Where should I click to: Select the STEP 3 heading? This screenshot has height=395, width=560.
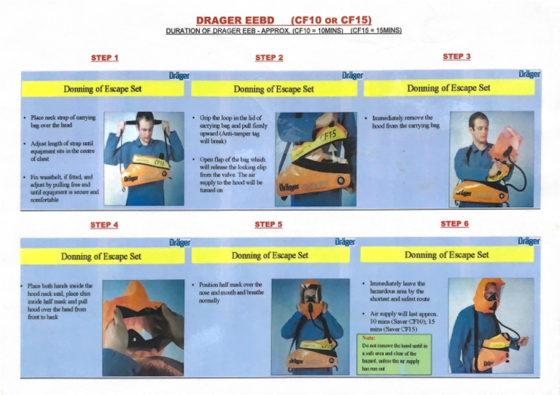pos(456,56)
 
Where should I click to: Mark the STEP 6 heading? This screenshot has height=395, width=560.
pos(455,224)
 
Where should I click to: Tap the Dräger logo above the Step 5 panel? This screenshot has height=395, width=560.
pos(344,241)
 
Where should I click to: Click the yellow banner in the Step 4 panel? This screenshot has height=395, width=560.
pos(102,256)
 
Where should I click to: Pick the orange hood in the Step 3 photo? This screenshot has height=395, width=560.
pos(505,143)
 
